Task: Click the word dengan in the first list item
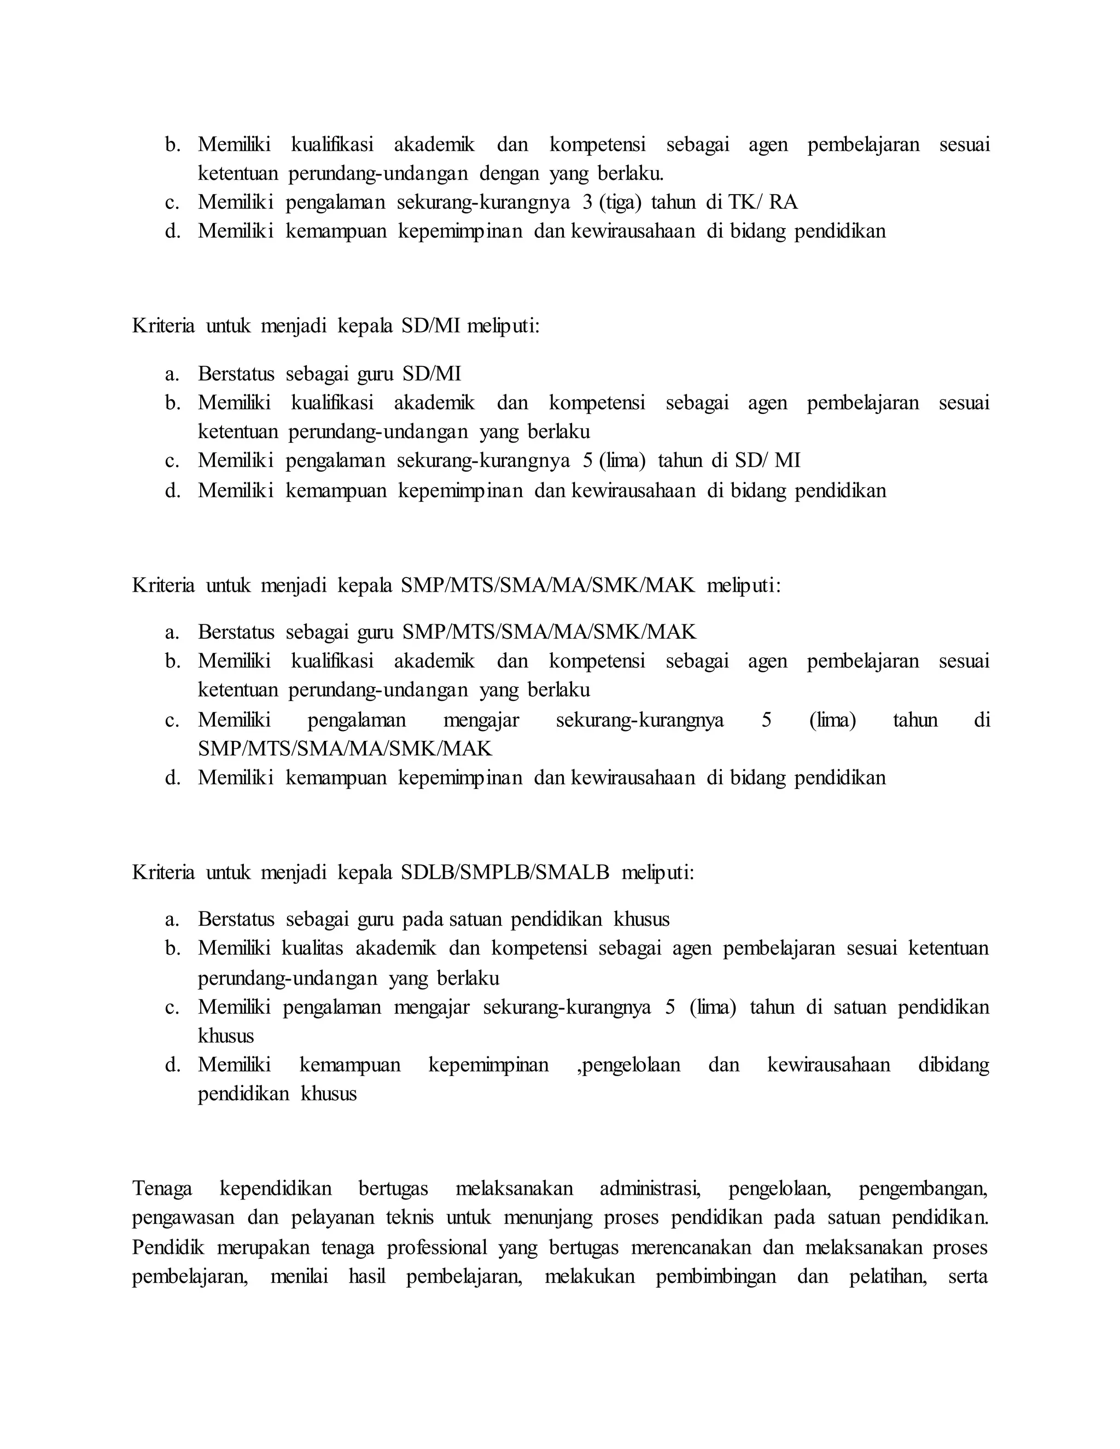(x=509, y=174)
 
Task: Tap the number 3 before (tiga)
(x=587, y=202)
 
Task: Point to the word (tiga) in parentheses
(x=620, y=202)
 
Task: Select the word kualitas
(x=312, y=948)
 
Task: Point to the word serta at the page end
(x=968, y=1277)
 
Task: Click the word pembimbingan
(x=716, y=1277)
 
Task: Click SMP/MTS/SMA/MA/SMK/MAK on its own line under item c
(x=345, y=749)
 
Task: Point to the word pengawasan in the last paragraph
(x=183, y=1218)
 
